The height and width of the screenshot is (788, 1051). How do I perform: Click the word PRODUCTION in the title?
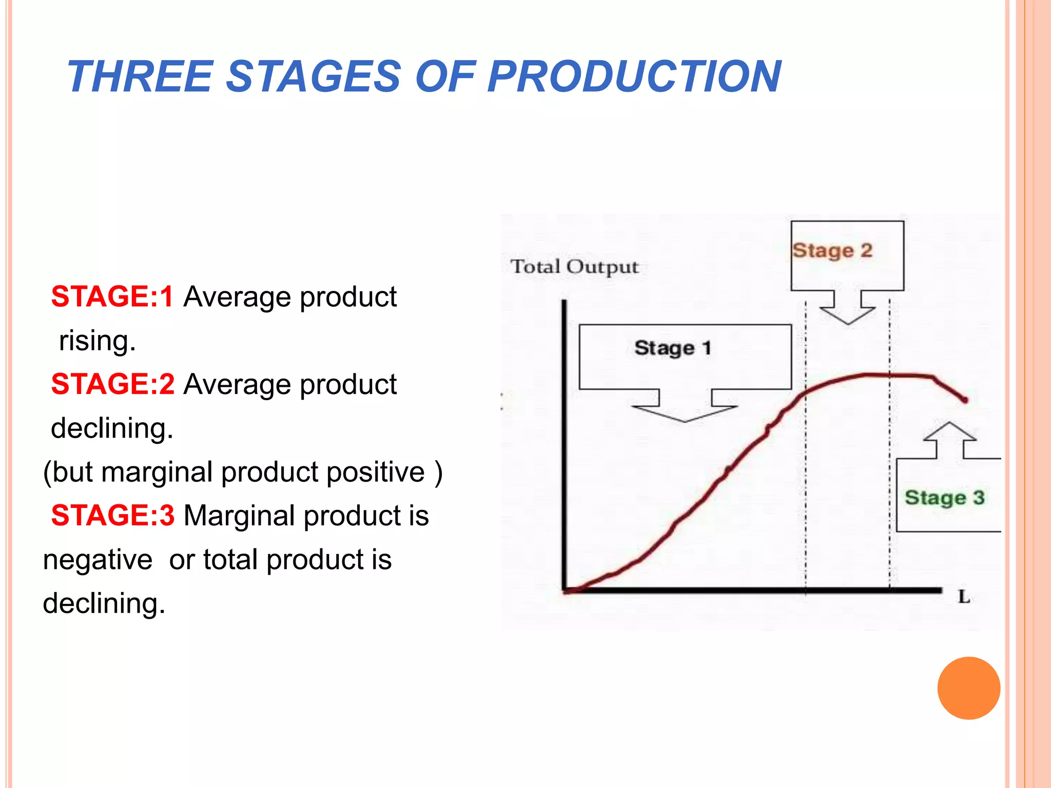pos(634,77)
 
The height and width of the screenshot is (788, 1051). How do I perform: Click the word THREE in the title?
pos(140,77)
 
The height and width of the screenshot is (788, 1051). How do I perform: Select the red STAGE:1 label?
pos(112,297)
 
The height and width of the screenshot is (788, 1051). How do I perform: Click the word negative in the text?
pos(98,559)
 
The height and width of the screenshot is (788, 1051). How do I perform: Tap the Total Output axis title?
pos(574,267)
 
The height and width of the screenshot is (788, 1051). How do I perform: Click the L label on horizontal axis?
pos(964,597)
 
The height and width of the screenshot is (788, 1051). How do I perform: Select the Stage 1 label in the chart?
pos(673,348)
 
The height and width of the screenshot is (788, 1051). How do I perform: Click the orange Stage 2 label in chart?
pos(832,250)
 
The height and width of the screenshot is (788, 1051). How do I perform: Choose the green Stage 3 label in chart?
pos(944,498)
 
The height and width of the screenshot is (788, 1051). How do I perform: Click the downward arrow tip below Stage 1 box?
pos(685,421)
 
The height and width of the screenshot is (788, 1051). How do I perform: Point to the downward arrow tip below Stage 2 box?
pos(847,323)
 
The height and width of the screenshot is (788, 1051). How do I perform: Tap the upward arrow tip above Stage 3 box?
pos(949,424)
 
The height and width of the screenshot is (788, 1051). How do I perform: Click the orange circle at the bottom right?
pos(968,688)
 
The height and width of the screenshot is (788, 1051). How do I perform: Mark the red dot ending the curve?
pos(965,400)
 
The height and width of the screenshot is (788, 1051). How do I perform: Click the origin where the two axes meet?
pos(565,590)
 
